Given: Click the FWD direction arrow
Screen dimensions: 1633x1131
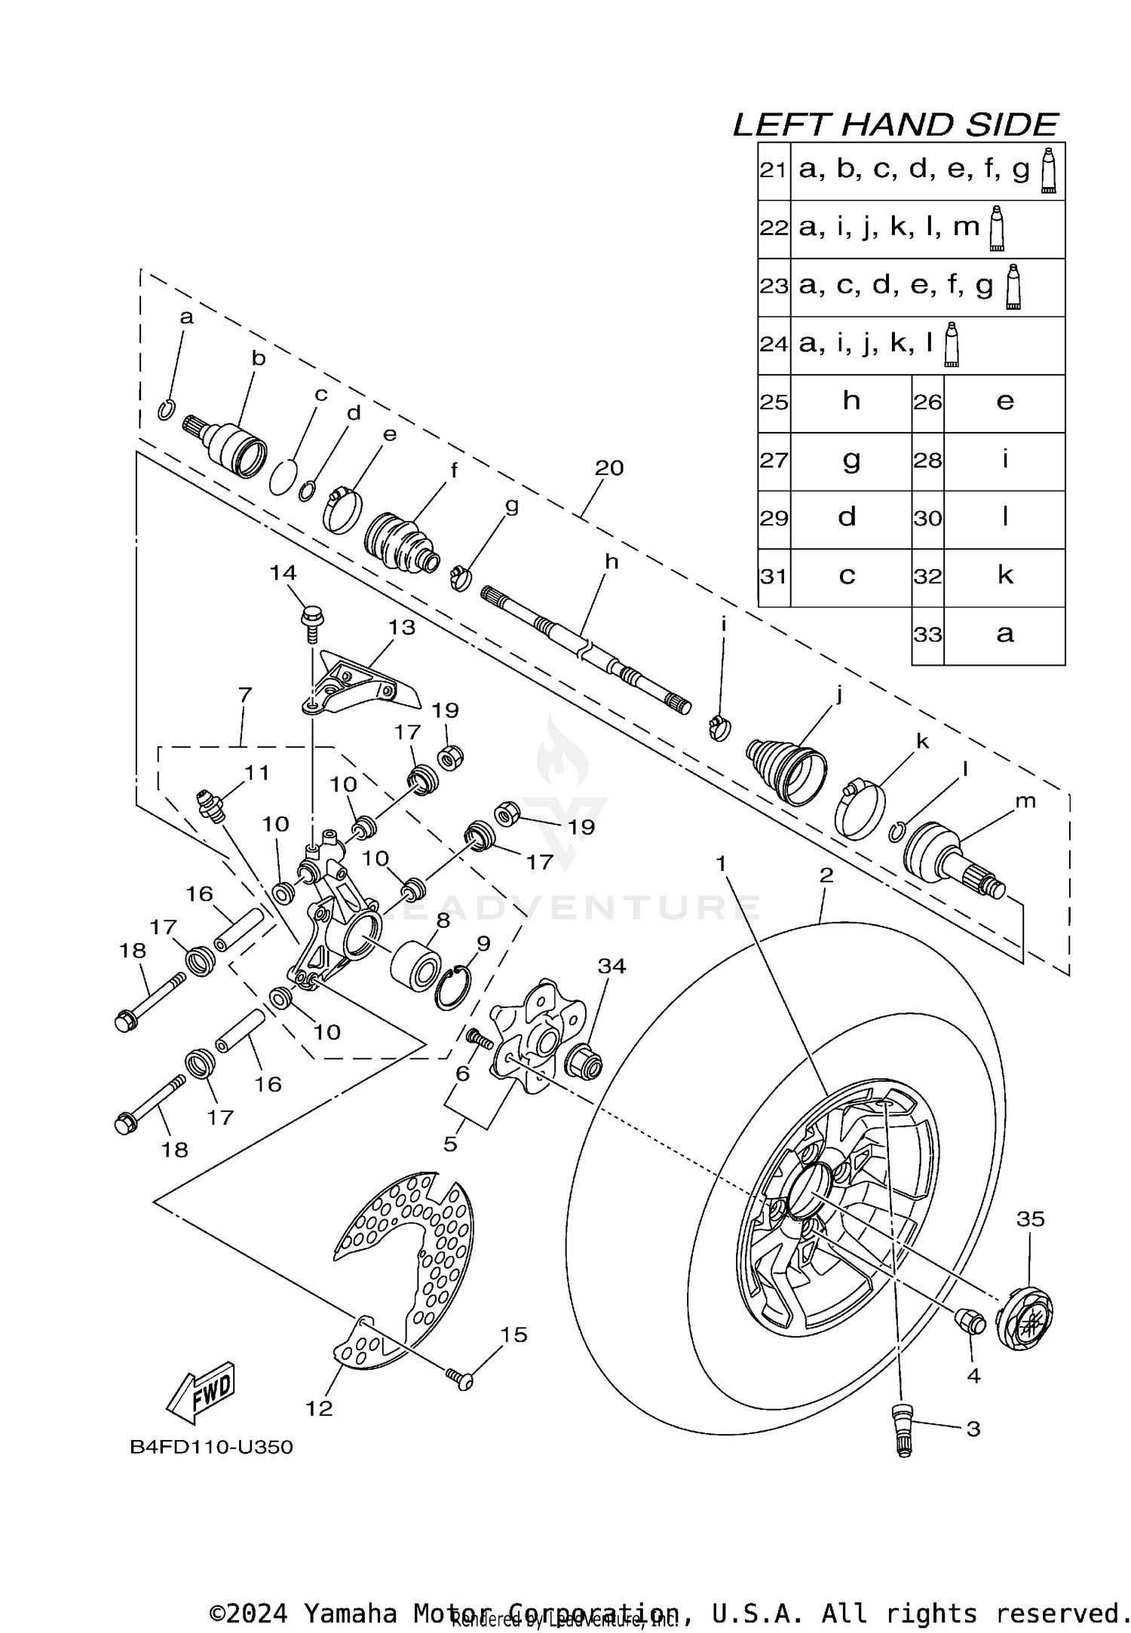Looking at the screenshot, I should pyautogui.click(x=202, y=1392).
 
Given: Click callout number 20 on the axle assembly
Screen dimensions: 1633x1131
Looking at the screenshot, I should pyautogui.click(x=609, y=468).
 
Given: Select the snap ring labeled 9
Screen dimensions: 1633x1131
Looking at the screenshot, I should pyautogui.click(x=453, y=988).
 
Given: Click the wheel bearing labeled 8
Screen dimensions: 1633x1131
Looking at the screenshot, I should pyautogui.click(x=416, y=964).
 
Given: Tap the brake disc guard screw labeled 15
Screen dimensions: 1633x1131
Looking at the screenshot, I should pyautogui.click(x=458, y=1378).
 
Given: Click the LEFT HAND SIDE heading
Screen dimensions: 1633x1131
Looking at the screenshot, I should pyautogui.click(x=896, y=124).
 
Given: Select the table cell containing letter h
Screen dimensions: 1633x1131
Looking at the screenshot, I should pyautogui.click(x=851, y=402).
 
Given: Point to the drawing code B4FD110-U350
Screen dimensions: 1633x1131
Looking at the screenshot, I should pyautogui.click(x=211, y=1448).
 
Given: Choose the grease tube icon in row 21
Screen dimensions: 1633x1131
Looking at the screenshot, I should pyautogui.click(x=1048, y=171).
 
